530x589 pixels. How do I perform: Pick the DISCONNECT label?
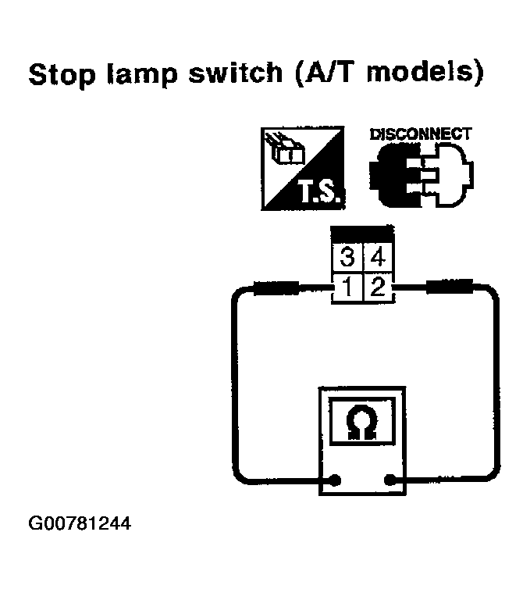[x=420, y=134]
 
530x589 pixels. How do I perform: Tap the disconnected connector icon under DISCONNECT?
[x=419, y=176]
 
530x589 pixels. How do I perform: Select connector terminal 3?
[x=347, y=256]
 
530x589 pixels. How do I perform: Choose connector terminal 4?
[x=378, y=256]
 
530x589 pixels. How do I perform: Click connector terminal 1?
[x=347, y=287]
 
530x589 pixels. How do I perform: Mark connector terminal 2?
[x=378, y=287]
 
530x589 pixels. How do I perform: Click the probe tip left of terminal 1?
[x=277, y=289]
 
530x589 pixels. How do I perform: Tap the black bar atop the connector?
[x=361, y=234]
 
